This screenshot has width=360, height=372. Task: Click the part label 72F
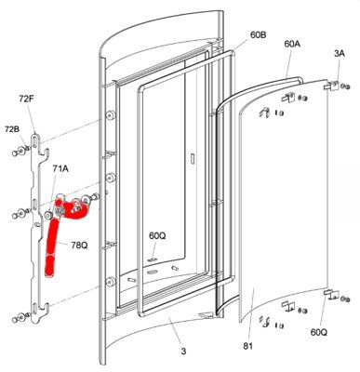[x=26, y=100]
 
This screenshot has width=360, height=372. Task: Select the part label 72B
[x=12, y=129]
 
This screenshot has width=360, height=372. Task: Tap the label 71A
[x=60, y=168]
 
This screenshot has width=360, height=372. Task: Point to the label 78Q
[x=79, y=246]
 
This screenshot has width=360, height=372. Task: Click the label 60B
[x=258, y=34]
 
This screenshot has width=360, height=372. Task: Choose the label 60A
[x=292, y=44]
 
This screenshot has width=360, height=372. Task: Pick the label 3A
[x=340, y=53]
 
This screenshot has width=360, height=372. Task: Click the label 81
[x=248, y=346]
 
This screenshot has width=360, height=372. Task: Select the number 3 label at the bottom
[x=183, y=352]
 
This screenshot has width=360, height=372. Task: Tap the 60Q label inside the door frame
[x=157, y=235]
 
